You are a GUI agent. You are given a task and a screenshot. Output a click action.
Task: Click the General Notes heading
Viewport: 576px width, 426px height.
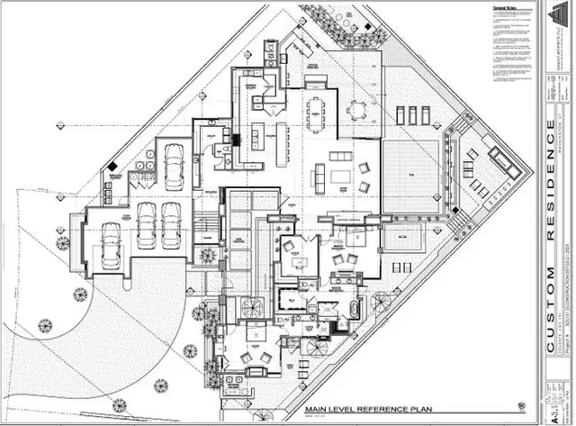[505, 9]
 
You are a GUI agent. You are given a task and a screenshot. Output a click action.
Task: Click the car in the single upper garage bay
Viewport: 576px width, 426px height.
[174, 159]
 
